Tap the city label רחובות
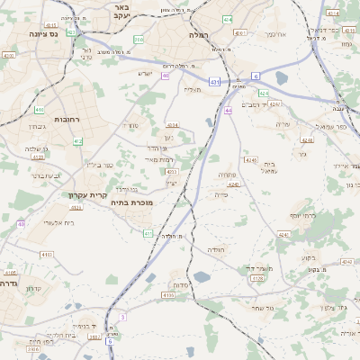pos(44,119)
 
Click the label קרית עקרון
pos(87,194)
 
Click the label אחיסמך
pos(275,33)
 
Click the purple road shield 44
pos(229,111)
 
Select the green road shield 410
pos(39,110)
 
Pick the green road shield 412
pos(78,141)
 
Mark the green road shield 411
pos(148,233)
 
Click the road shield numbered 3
pos(121,317)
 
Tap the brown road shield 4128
pos(258,279)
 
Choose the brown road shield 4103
pos(12,272)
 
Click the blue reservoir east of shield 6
pos(280,78)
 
